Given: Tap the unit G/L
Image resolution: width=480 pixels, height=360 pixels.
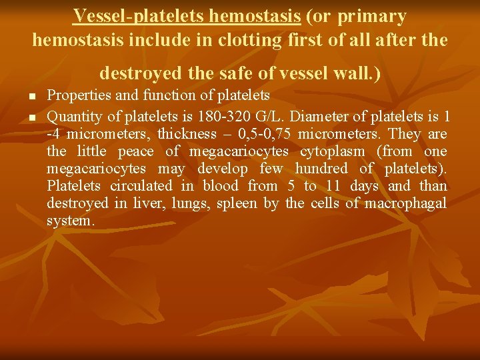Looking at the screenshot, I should [273, 117].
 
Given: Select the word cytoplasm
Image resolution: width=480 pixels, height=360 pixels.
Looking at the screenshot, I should [332, 151].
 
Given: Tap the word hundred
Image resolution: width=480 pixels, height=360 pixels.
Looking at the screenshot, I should [321, 169].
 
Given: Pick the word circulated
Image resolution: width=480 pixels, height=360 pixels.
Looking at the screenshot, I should [144, 186].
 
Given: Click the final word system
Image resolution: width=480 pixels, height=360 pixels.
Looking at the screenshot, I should [71, 221].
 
